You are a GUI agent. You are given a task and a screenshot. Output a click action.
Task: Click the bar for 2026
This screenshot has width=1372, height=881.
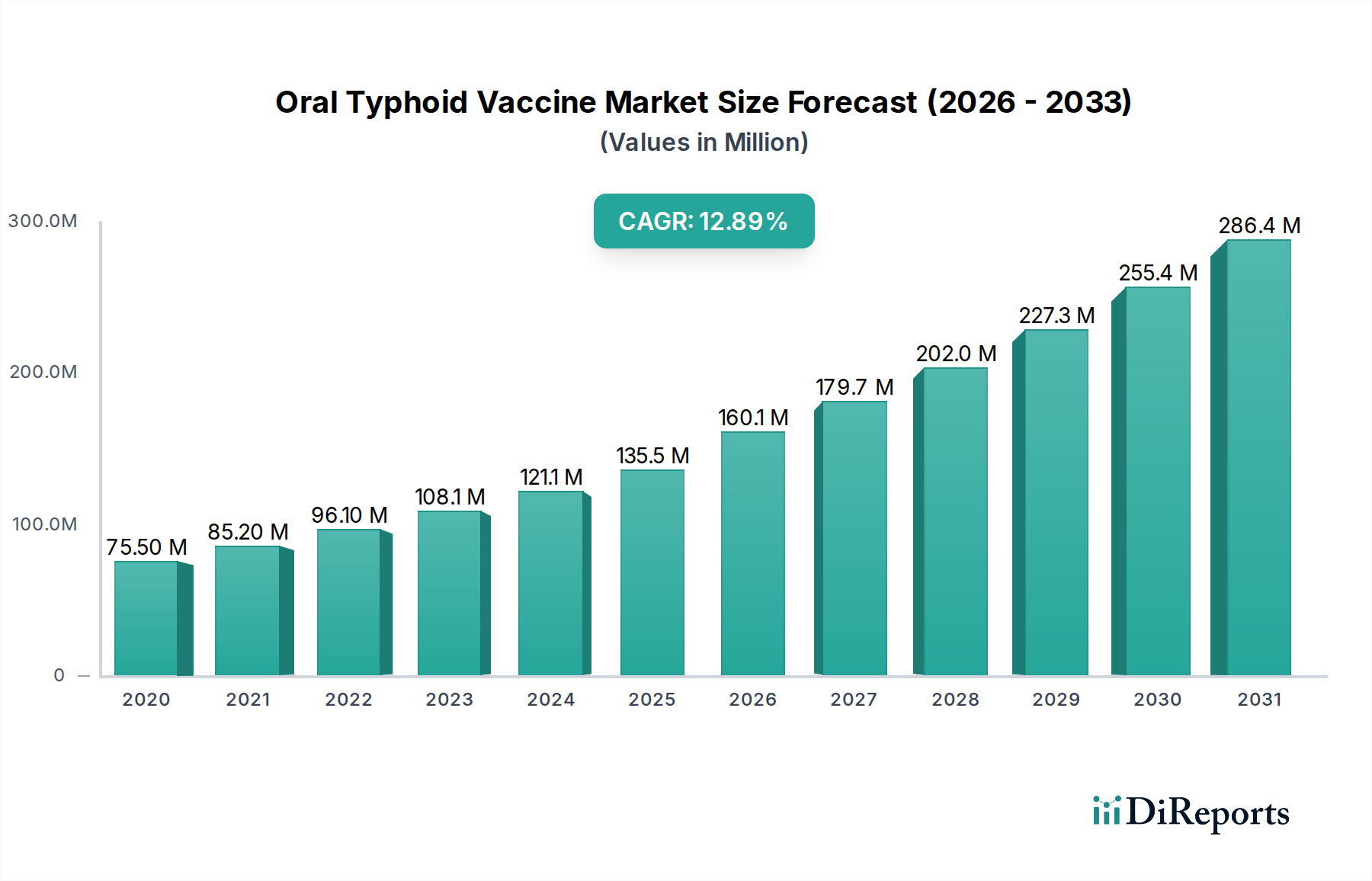752,553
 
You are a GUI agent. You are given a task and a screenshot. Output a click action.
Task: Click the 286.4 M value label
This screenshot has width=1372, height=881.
1259,226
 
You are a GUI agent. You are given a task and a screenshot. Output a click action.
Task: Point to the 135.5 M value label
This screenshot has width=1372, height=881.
652,456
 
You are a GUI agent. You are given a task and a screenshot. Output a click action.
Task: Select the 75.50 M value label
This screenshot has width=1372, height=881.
146,547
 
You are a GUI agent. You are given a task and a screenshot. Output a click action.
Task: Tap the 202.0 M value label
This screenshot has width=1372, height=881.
956,354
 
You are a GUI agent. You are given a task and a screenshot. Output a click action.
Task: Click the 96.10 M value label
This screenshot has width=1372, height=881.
349,515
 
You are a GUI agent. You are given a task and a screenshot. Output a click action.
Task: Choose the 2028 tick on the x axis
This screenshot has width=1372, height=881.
955,700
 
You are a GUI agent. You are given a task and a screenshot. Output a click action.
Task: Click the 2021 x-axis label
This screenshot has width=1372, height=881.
248,700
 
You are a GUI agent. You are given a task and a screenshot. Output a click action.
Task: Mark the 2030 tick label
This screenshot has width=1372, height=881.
1157,700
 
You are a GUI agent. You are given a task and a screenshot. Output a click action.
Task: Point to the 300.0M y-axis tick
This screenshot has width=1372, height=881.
43,221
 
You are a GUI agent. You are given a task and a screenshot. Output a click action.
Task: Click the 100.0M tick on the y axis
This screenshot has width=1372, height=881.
44,524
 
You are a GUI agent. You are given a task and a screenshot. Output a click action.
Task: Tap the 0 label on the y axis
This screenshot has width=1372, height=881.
59,675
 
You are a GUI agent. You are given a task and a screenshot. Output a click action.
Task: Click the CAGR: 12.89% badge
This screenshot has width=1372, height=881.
704,221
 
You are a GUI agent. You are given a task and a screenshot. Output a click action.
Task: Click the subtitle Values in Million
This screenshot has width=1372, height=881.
704,143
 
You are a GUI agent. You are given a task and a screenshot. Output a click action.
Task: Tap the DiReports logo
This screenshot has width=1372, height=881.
1191,812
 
